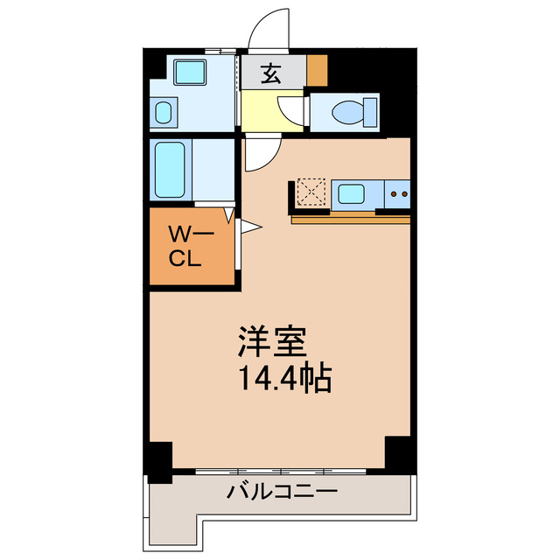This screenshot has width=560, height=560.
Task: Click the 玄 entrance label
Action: click(271, 73)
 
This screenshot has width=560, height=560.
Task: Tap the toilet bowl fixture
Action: click(350, 111)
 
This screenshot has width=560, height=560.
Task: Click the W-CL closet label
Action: click(185, 246)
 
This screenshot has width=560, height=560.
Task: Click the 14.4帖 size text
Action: click(282, 378)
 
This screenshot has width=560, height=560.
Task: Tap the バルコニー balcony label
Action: click(282, 491)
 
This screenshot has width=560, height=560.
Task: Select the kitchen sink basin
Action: click(353, 192)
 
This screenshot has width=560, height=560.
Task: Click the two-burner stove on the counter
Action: click(399, 192)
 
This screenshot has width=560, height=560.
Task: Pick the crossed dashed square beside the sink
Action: click(311, 192)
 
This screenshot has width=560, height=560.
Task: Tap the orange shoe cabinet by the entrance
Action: click(316, 69)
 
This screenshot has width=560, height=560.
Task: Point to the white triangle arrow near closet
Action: click(248, 228)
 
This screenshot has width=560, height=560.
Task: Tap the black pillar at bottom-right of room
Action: click(398, 451)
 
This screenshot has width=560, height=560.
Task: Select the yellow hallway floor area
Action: click(260, 111)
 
